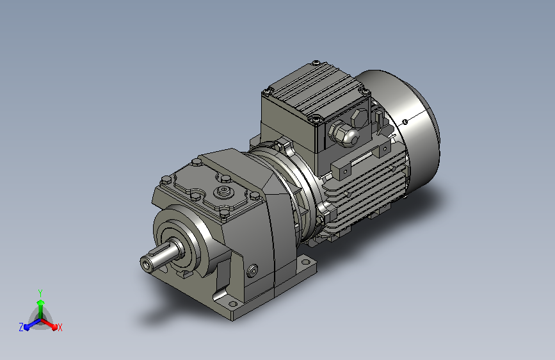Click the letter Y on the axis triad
coord(40,293)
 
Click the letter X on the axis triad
coord(60,327)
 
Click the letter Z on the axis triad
coord(21,327)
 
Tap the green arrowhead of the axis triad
coord(41,302)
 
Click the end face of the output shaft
coord(146,265)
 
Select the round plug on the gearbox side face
coord(252,271)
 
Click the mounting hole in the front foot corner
coord(232,304)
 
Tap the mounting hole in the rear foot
coord(305,262)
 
